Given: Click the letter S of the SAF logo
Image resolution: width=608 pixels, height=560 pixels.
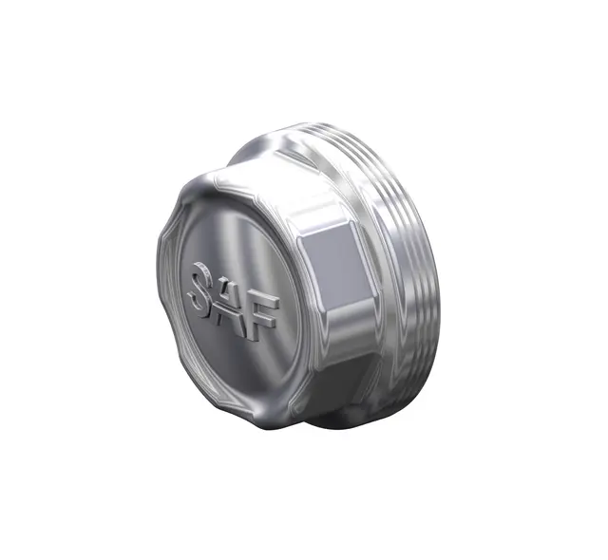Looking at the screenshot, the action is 202,288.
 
